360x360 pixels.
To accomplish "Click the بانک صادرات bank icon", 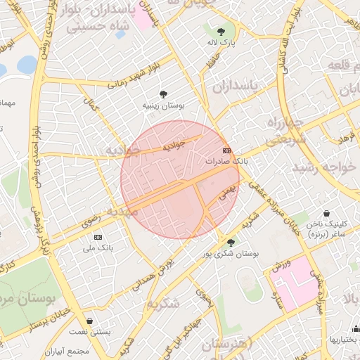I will coord(226,151).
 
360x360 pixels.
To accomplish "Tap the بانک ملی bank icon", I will coord(97,237).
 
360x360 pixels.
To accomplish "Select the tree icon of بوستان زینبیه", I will coord(163,94).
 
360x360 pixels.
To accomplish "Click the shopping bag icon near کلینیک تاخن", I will coord(327,213).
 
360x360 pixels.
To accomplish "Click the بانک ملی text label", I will coord(98,247).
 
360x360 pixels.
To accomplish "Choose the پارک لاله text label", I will coord(221,44).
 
